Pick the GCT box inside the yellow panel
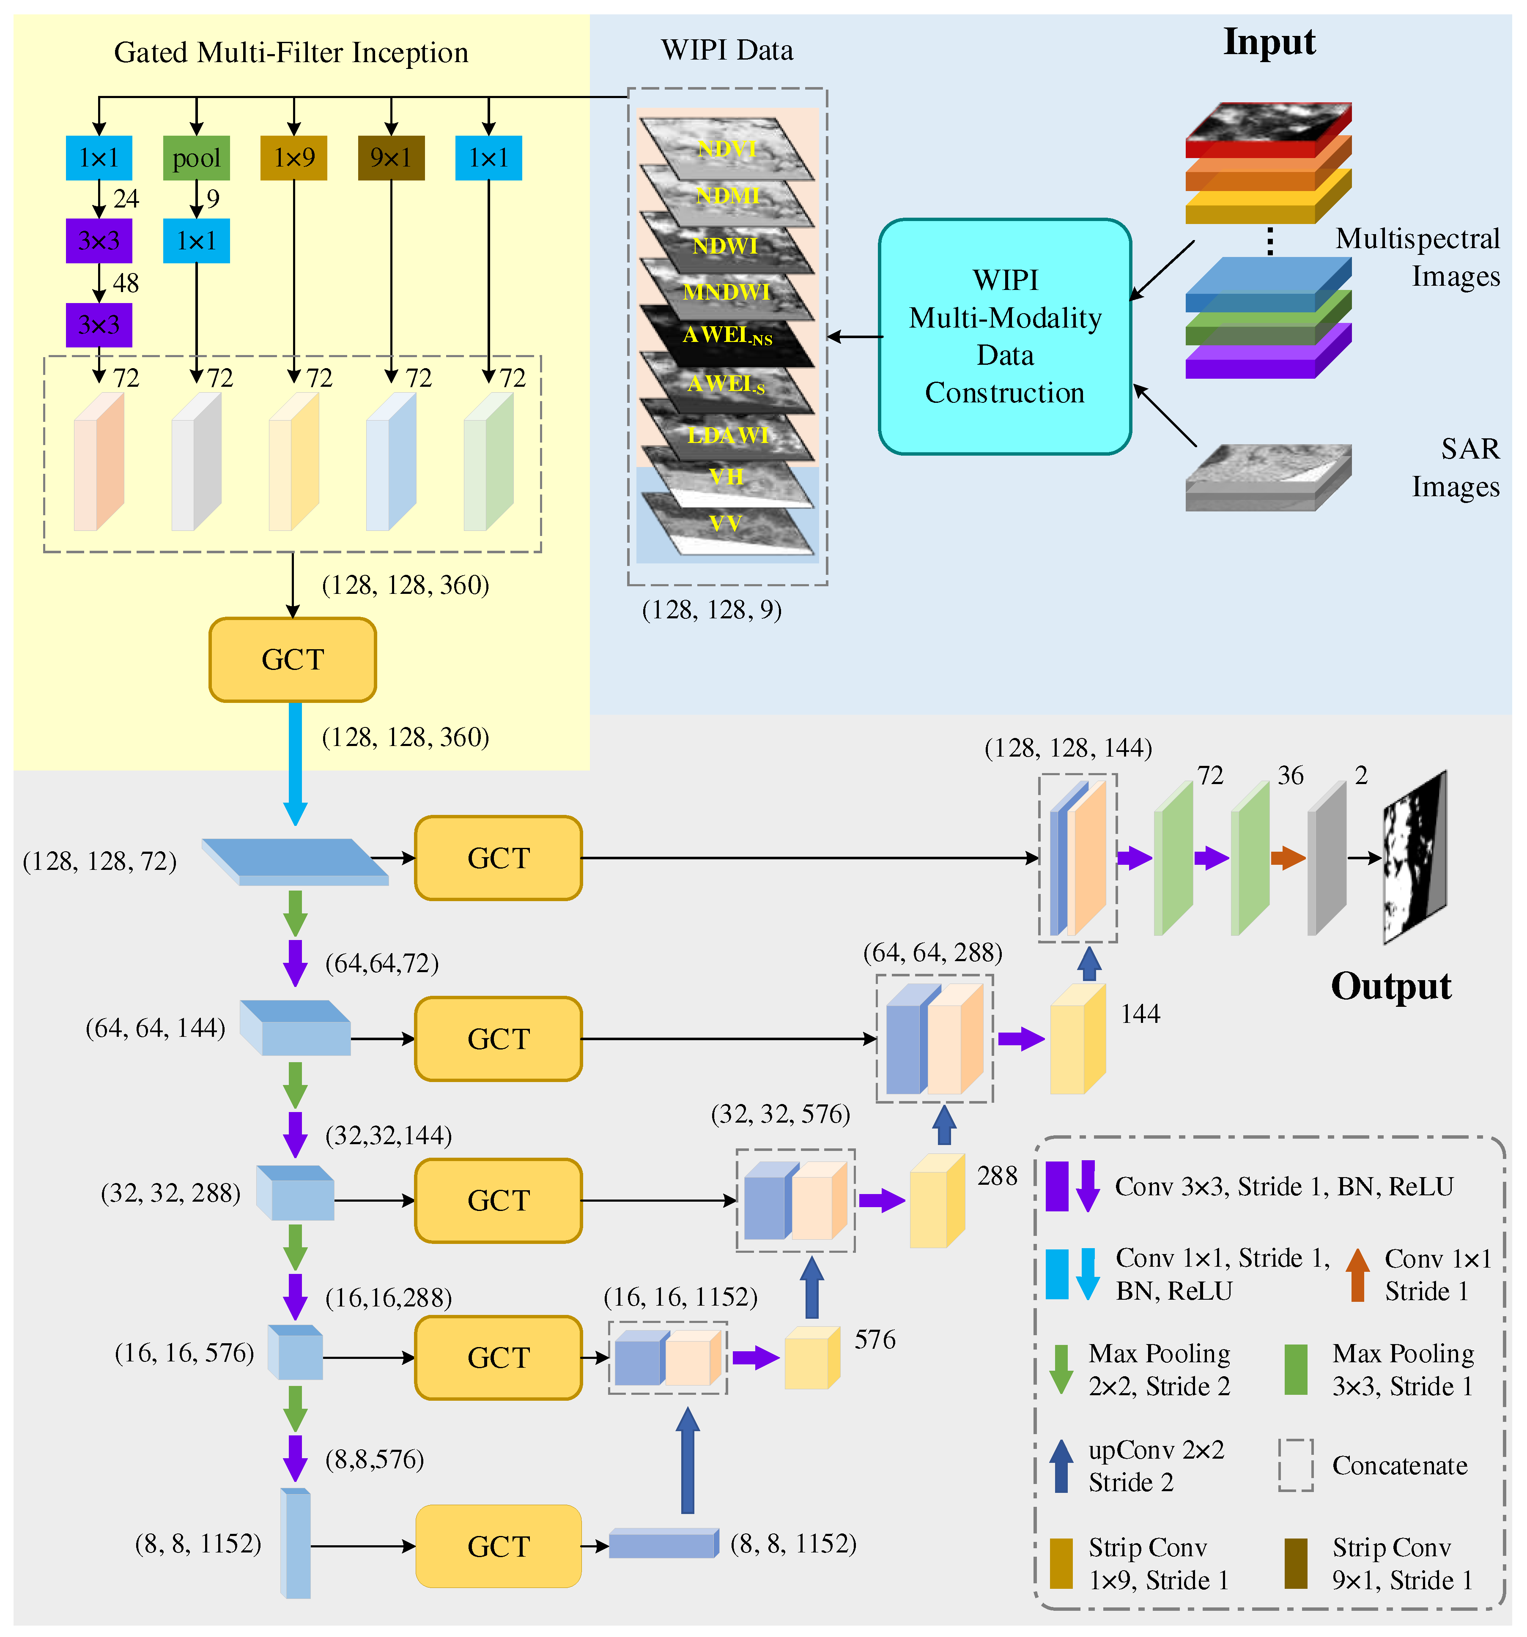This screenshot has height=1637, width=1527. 292,659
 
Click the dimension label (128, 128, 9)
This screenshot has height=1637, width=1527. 712,610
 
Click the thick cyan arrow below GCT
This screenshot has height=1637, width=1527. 295,762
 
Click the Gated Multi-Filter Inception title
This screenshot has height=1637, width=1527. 291,53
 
